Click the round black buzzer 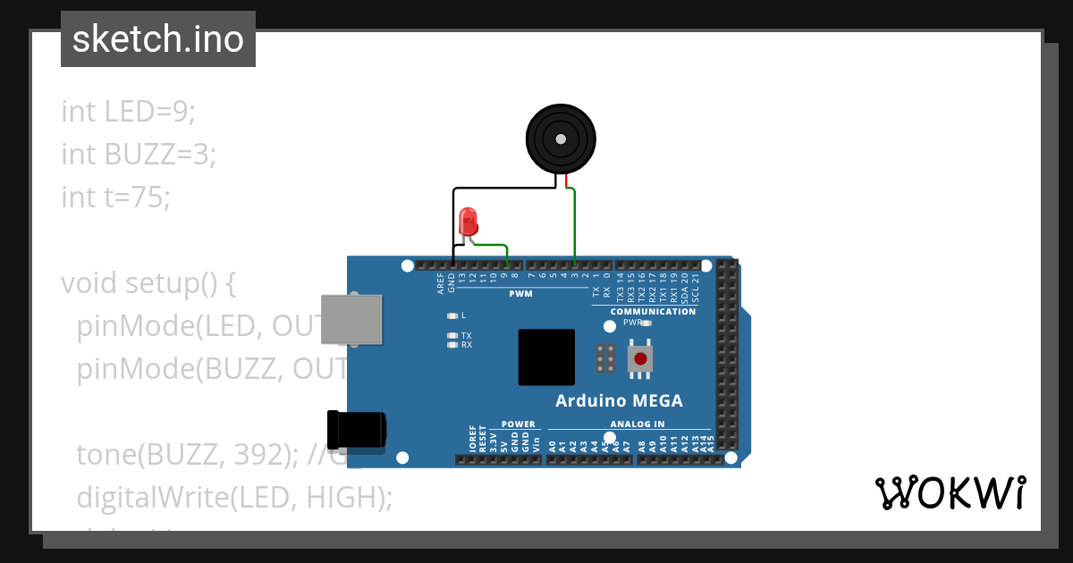[x=560, y=139]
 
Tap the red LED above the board [x=468, y=222]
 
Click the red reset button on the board [x=640, y=358]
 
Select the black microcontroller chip [x=546, y=357]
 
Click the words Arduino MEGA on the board [x=619, y=400]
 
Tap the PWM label [x=520, y=293]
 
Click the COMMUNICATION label [x=653, y=311]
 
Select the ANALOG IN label [x=637, y=424]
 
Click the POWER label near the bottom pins [x=518, y=424]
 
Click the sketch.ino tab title [x=158, y=39]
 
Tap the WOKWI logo [x=949, y=492]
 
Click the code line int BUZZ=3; [x=139, y=154]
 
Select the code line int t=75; [x=115, y=196]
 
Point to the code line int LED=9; [x=128, y=112]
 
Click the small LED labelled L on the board [x=453, y=315]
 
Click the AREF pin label [x=441, y=284]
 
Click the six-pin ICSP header [x=605, y=358]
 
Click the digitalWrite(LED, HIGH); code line [x=234, y=497]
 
